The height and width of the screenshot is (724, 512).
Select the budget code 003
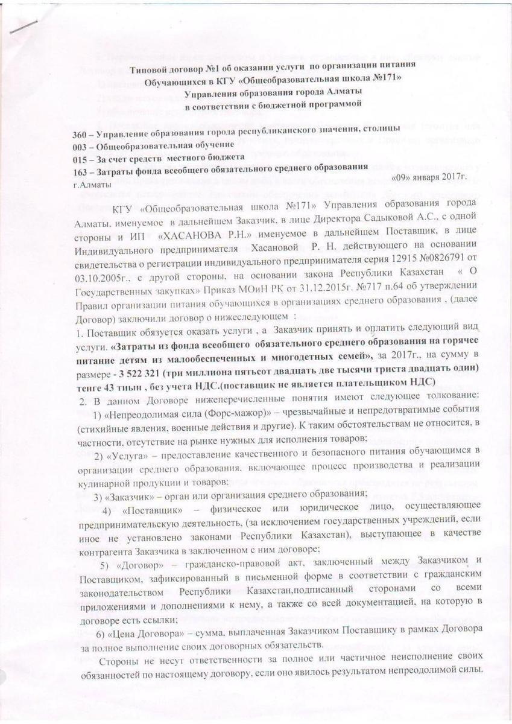pos(80,145)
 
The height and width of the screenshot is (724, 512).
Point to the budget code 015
pos(80,158)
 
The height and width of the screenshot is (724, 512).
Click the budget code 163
pos(80,172)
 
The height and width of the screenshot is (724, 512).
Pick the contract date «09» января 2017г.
pos(430,177)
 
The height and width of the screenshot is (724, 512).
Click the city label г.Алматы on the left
pos(92,185)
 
